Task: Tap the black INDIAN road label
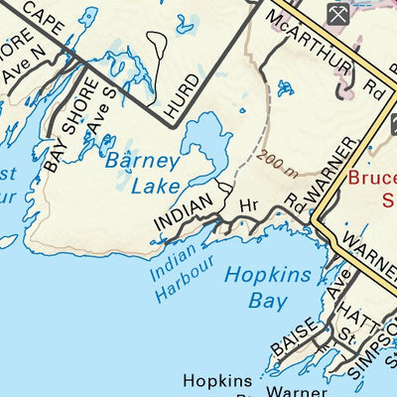coord(184,215)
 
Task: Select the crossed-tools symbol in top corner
coord(336,13)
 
